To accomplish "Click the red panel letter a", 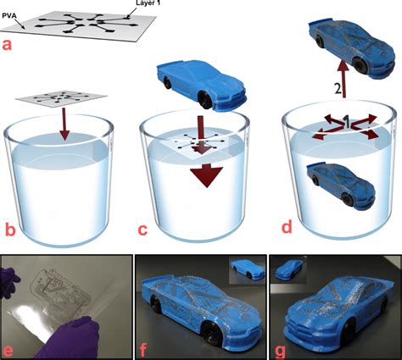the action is [7, 46].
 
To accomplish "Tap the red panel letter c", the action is [142, 230].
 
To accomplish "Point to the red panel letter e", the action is [7, 350].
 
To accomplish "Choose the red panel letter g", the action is [280, 350].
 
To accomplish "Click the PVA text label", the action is [8, 16].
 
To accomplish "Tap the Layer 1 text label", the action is [146, 3].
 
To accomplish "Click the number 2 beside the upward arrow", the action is [338, 89].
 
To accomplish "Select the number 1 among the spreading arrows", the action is [347, 121].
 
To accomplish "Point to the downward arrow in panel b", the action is [64, 124].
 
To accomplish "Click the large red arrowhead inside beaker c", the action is [207, 176].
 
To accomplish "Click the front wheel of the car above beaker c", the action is [204, 100].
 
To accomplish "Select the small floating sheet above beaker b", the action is [62, 99].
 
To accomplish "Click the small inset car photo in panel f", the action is [247, 269].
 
